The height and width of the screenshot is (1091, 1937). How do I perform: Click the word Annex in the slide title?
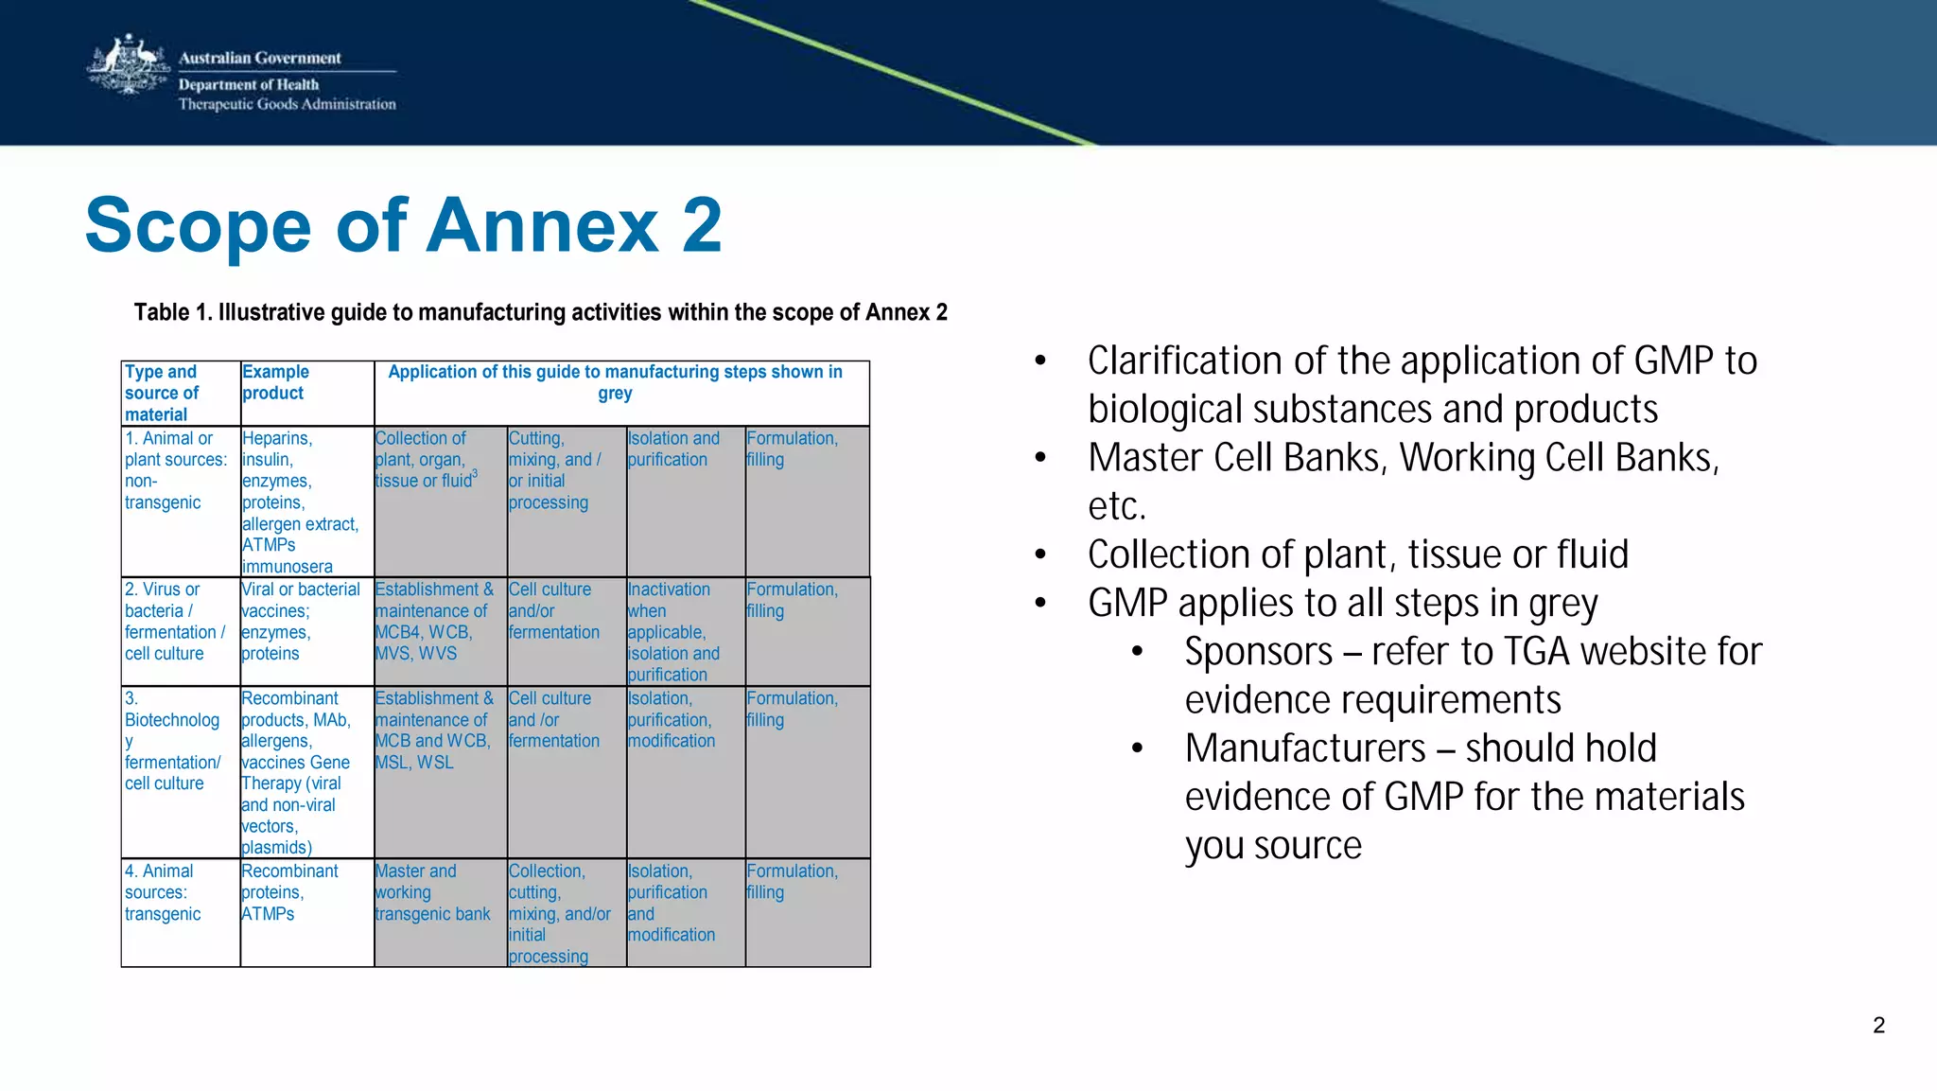tap(541, 226)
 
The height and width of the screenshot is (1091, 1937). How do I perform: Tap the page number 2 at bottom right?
tap(1878, 1025)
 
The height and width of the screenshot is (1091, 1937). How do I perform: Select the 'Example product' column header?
tap(275, 382)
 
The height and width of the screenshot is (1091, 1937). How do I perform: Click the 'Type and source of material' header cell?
tap(162, 393)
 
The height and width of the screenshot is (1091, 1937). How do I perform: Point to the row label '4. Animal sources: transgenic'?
tap(163, 892)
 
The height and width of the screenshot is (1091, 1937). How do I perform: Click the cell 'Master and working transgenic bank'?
tap(432, 892)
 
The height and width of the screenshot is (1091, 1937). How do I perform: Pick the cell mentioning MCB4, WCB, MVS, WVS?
tap(433, 622)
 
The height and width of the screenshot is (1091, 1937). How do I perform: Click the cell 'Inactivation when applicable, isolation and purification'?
tap(672, 631)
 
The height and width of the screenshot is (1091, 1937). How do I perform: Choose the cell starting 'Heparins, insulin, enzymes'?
tap(300, 502)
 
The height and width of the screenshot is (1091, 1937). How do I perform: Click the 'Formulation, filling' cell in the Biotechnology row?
tap(792, 709)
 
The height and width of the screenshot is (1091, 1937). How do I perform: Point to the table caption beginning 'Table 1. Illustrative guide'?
tap(540, 312)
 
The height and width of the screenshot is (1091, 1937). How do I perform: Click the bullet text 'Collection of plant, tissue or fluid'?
tap(1357, 554)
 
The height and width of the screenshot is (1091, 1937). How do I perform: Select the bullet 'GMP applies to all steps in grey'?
tap(1342, 604)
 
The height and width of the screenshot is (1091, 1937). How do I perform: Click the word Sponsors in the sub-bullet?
tap(1258, 652)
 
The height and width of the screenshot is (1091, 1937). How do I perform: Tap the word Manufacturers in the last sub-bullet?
tap(1304, 748)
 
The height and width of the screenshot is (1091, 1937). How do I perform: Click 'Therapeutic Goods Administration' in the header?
tap(287, 104)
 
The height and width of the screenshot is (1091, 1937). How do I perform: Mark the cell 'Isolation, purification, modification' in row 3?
tap(671, 719)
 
